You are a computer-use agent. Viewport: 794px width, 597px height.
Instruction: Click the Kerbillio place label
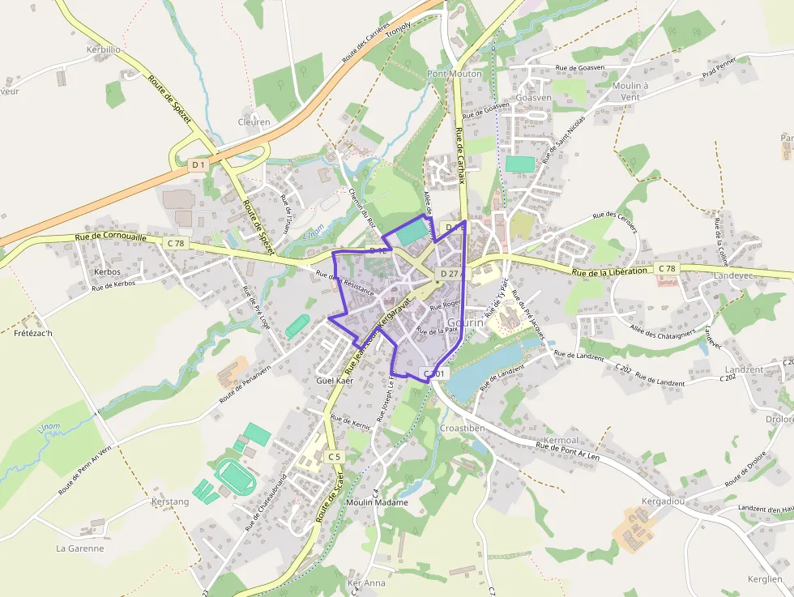pos(103,49)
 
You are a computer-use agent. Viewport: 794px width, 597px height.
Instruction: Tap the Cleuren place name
pos(254,122)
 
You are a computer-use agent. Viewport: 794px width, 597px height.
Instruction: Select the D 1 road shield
pos(198,164)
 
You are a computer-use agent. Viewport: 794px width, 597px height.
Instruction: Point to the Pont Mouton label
pos(455,74)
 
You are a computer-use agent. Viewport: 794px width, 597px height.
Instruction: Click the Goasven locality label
pos(533,97)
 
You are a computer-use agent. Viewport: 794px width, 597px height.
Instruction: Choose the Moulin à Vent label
pos(630,91)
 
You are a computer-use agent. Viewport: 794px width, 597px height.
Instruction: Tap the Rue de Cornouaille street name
pos(111,238)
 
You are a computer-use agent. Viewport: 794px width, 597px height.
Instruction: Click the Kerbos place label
pos(107,271)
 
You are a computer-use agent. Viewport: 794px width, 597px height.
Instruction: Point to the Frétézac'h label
pos(33,333)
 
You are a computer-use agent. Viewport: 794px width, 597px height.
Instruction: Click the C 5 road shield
pos(334,457)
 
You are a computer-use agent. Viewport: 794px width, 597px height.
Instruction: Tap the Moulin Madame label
pos(377,502)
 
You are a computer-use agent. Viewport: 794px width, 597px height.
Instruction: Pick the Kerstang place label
pos(170,501)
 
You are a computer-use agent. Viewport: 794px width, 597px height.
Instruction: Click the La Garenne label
pos(79,548)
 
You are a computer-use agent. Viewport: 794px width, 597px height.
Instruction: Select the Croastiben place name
pos(462,428)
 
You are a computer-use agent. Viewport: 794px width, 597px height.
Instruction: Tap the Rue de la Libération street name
pos(610,271)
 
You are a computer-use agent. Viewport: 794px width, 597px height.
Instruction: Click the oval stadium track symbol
pos(234,475)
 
